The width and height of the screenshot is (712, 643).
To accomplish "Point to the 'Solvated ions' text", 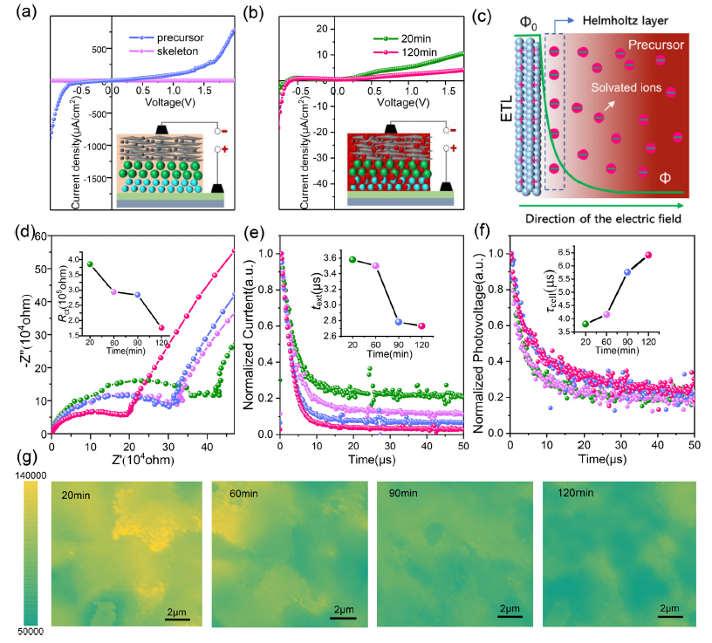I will click(615, 88).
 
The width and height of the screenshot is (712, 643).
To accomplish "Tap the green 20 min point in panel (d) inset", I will click(89, 263).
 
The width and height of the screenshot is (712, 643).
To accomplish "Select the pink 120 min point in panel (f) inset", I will click(647, 255).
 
